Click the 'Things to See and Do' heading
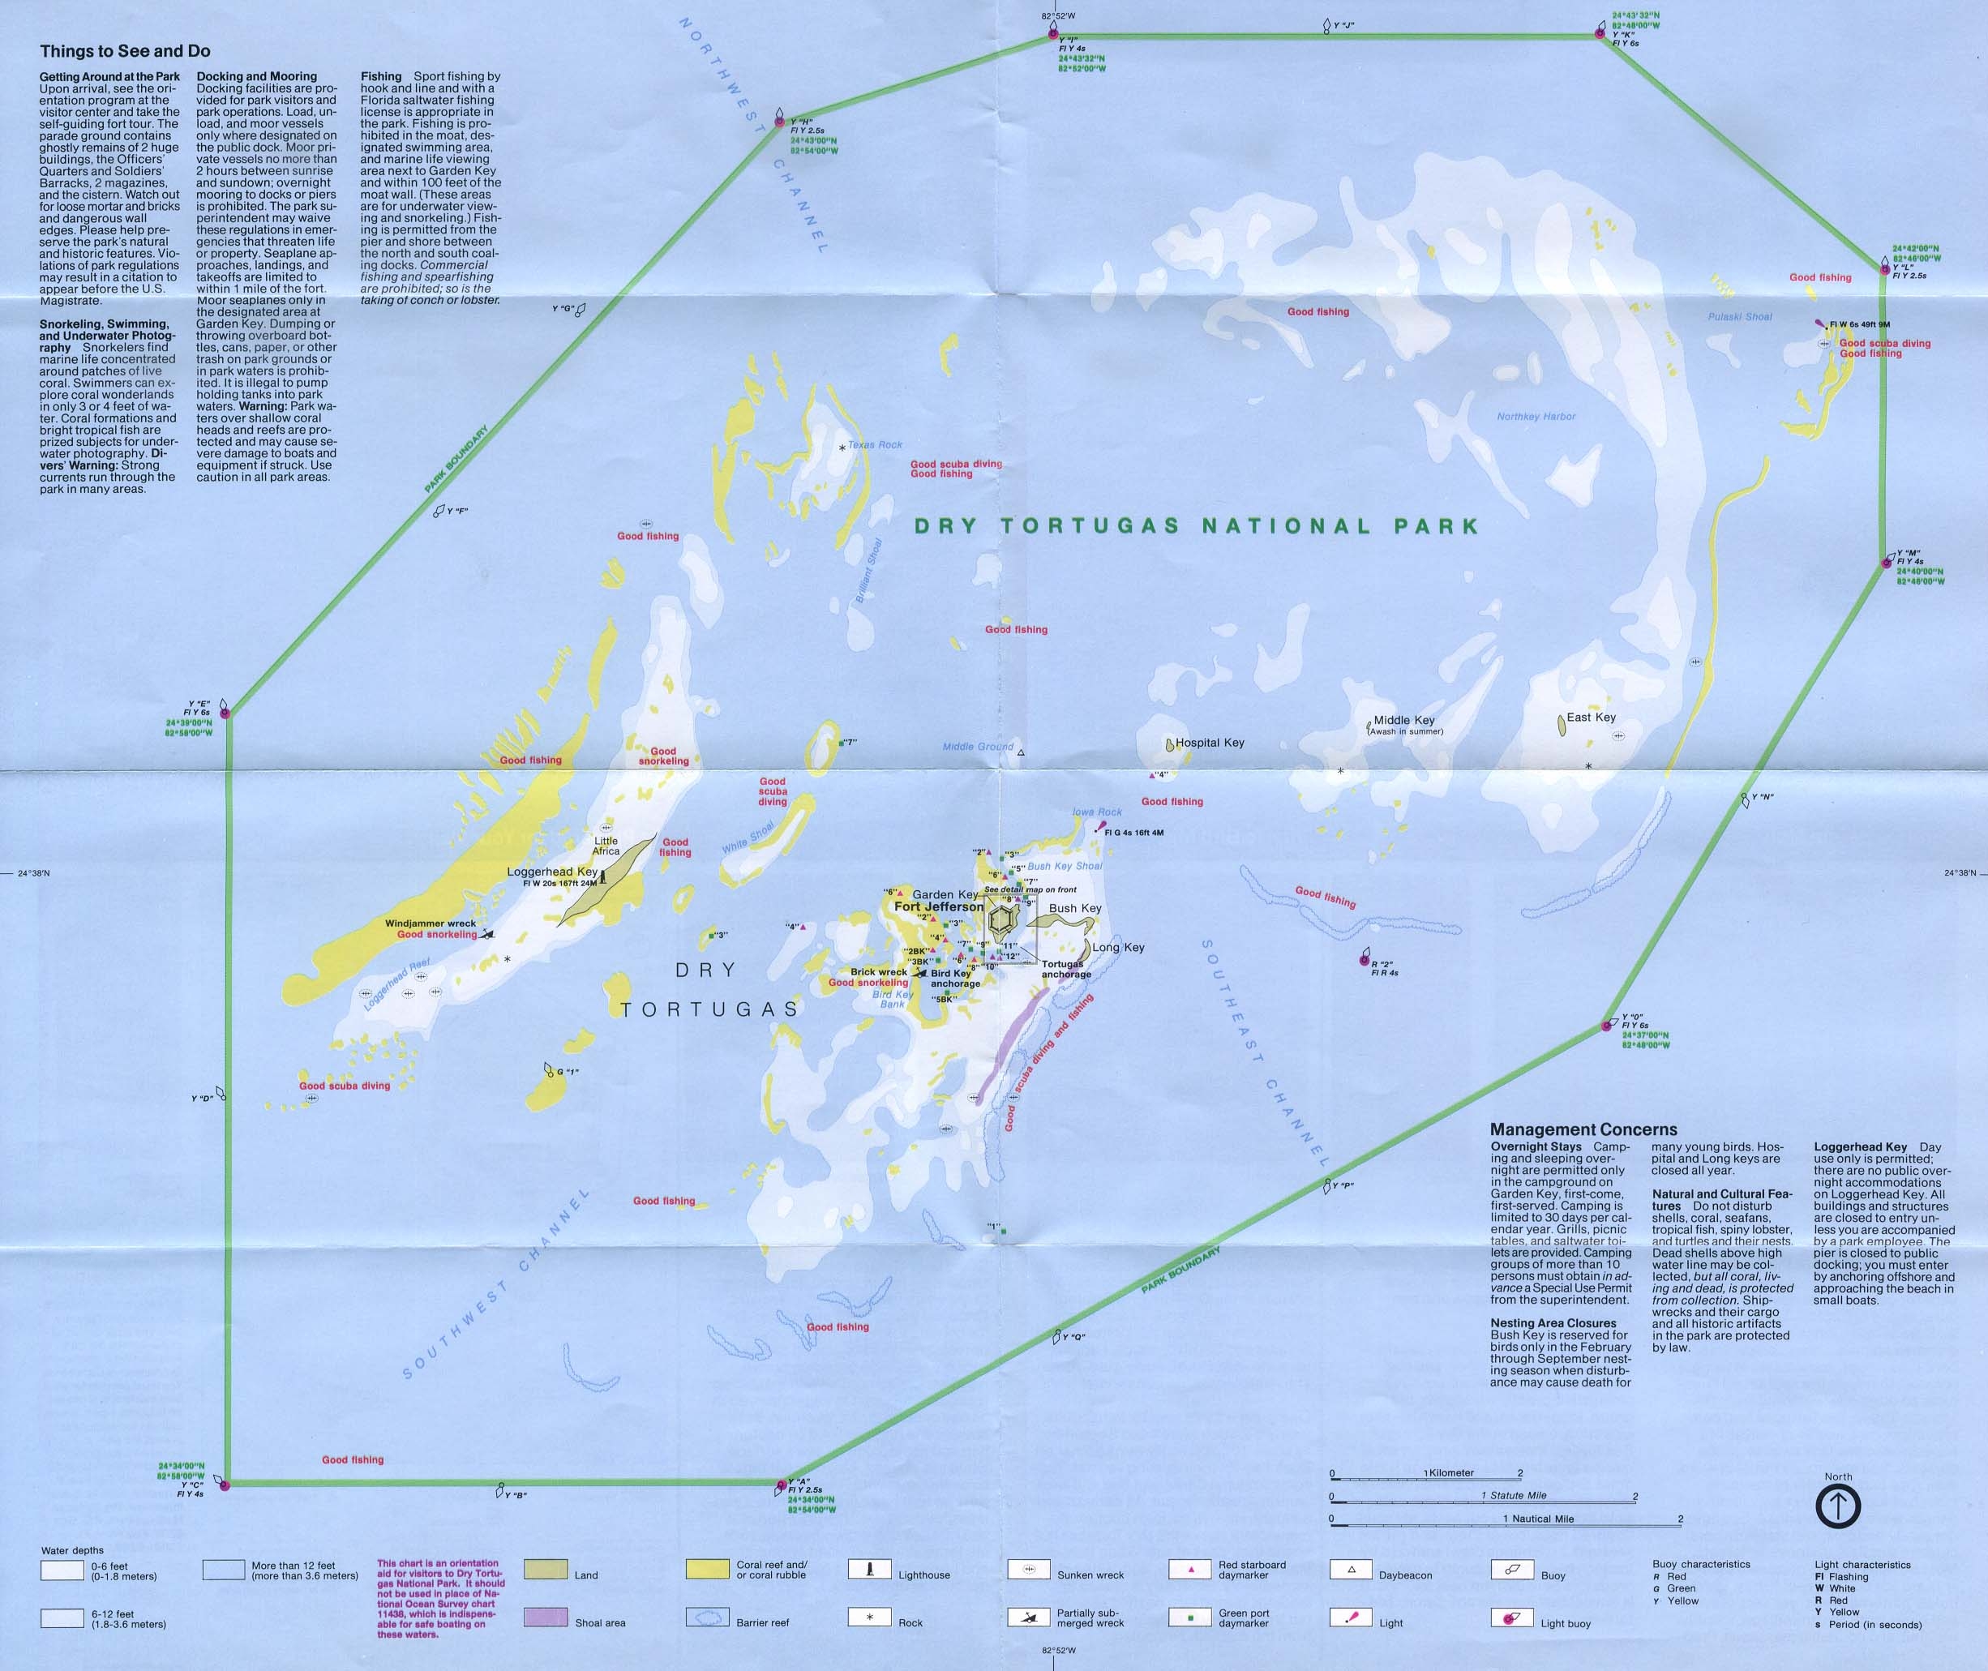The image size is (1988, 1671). (x=125, y=51)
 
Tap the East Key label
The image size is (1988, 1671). (x=1592, y=717)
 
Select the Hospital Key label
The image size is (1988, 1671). (x=1210, y=743)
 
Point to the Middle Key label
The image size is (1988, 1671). (x=1403, y=720)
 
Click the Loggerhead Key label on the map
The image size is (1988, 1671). (x=551, y=872)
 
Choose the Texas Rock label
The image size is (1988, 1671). (x=874, y=444)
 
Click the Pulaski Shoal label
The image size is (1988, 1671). (x=1740, y=316)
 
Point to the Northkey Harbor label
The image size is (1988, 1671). (x=1536, y=416)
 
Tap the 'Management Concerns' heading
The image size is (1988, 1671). (x=1583, y=1129)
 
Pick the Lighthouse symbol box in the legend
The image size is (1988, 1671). (x=869, y=1570)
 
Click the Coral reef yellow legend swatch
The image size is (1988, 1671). (x=706, y=1570)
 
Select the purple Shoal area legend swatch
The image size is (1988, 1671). (x=545, y=1617)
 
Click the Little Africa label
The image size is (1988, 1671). (x=606, y=846)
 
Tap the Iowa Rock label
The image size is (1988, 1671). (x=1097, y=812)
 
